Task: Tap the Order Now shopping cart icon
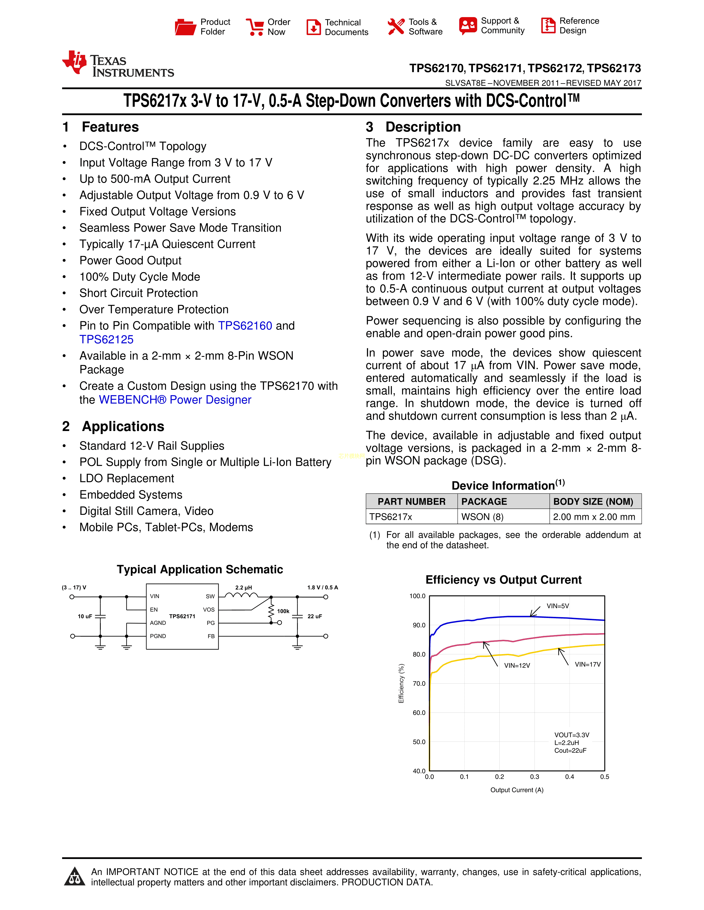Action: click(x=255, y=27)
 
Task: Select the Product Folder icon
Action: click(x=185, y=27)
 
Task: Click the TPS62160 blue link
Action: click(x=245, y=326)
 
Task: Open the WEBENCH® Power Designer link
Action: click(x=175, y=400)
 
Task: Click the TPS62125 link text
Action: click(x=106, y=339)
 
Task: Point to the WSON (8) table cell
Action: click(x=482, y=517)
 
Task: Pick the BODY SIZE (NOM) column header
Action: click(x=593, y=502)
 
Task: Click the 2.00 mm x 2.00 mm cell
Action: click(x=594, y=517)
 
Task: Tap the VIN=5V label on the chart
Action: click(x=558, y=606)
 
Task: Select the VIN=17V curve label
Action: click(x=587, y=665)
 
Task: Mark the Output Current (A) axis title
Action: click(x=517, y=790)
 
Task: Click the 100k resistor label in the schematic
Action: click(x=283, y=611)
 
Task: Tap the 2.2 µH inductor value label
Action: click(x=244, y=587)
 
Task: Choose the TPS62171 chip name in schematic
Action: click(x=182, y=616)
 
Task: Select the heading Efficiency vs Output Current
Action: click(x=503, y=580)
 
